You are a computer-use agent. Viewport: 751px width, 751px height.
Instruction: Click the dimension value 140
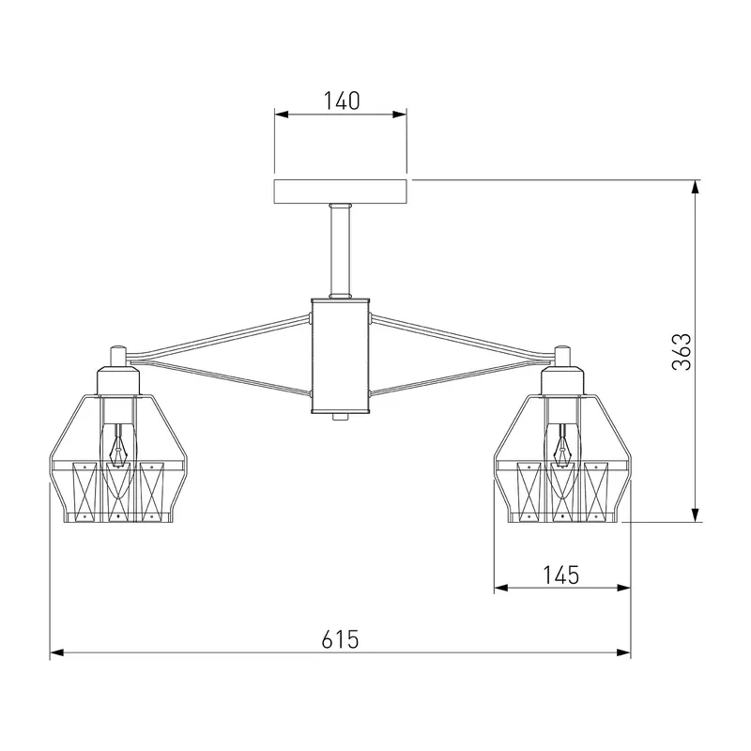[342, 101]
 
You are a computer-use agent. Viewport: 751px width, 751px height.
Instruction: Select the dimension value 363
[682, 351]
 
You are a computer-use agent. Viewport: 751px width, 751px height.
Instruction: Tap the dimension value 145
[561, 575]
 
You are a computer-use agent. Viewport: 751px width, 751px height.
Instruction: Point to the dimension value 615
[340, 639]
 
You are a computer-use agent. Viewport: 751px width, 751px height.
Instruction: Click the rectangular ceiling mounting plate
[341, 192]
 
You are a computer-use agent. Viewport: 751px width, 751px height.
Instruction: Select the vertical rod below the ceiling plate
[341, 251]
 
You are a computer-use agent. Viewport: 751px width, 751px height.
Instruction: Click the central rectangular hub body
[341, 356]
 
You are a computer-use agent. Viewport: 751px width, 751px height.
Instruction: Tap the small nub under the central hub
[341, 417]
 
